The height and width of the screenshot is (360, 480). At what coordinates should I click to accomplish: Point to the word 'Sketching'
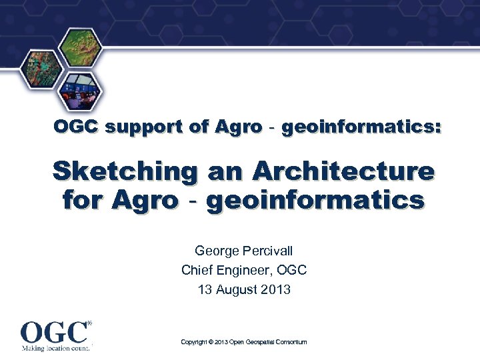(125, 171)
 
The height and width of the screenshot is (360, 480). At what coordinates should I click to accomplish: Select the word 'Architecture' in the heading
(341, 171)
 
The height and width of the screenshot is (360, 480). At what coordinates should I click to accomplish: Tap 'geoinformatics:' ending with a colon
(361, 127)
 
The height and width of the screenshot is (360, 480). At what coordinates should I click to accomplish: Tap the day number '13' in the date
(205, 290)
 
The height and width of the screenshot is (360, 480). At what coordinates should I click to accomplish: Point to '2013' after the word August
(277, 290)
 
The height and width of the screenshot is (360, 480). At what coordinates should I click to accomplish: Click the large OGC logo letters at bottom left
(54, 332)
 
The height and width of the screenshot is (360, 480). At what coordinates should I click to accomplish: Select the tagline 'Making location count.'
(54, 348)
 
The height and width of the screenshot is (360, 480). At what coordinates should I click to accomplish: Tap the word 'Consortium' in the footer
(289, 342)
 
